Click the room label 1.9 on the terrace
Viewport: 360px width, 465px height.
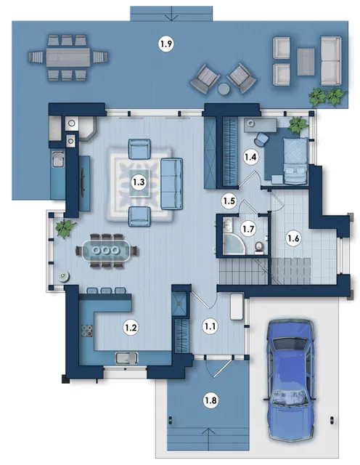(166, 44)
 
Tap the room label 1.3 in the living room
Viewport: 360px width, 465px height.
(139, 182)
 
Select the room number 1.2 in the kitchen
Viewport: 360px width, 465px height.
(131, 328)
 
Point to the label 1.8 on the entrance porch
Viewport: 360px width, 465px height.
(210, 400)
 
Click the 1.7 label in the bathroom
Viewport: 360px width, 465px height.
(248, 230)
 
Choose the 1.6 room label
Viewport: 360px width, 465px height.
(293, 238)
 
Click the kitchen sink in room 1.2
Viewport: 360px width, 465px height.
(126, 358)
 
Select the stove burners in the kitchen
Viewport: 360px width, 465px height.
(87, 331)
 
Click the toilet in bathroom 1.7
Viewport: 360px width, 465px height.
(259, 247)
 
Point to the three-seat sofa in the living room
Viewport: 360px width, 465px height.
(171, 184)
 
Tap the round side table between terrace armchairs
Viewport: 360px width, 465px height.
(223, 89)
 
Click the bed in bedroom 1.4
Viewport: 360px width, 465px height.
(295, 160)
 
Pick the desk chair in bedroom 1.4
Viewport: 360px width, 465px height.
(261, 139)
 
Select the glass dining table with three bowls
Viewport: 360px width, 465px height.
(107, 251)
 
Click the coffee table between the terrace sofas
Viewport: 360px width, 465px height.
(306, 62)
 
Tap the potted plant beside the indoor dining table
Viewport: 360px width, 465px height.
(65, 227)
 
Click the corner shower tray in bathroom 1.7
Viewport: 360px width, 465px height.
(234, 244)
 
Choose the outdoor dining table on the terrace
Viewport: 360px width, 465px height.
(67, 57)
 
